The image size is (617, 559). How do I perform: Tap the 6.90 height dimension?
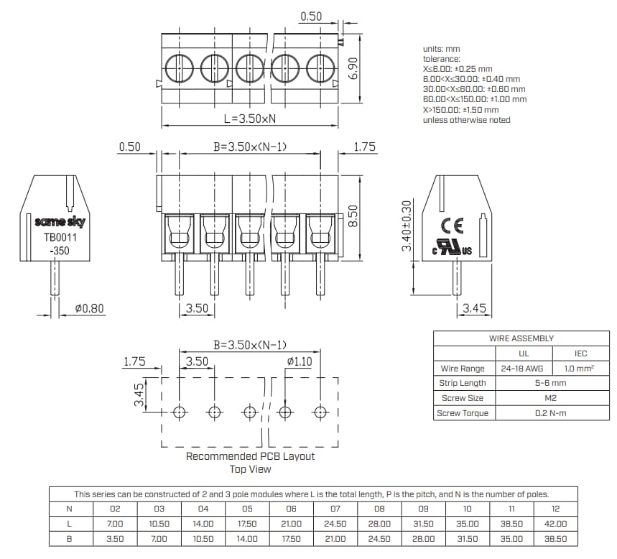click(x=353, y=69)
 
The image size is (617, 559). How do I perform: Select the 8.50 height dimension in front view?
click(x=353, y=216)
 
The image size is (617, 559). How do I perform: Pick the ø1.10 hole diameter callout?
click(x=299, y=361)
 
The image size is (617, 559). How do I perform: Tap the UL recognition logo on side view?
click(x=452, y=247)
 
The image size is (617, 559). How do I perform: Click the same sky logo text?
click(x=60, y=222)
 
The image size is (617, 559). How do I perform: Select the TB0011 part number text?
click(x=60, y=237)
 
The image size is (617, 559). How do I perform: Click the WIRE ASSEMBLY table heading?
click(x=521, y=338)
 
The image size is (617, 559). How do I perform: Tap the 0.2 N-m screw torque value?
click(x=551, y=413)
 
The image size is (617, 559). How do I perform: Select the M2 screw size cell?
click(x=551, y=398)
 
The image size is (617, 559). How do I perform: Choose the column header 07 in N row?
click(x=335, y=509)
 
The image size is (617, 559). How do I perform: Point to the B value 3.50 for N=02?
click(x=115, y=538)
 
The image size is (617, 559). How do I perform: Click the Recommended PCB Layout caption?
click(x=250, y=456)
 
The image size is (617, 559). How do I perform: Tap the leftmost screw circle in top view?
click(x=179, y=69)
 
